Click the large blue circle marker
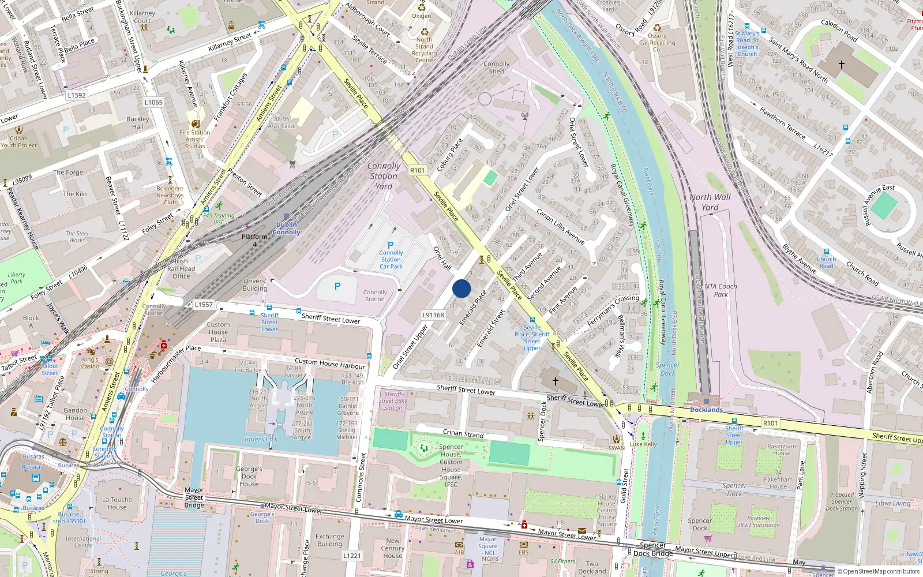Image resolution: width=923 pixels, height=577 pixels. pyautogui.click(x=461, y=288)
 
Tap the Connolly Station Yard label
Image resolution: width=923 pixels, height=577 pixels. pyautogui.click(x=384, y=176)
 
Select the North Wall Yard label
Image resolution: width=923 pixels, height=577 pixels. pyautogui.click(x=710, y=202)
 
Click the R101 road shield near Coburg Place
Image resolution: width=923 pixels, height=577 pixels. pyautogui.click(x=417, y=170)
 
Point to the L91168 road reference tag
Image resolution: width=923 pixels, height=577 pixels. pyautogui.click(x=433, y=315)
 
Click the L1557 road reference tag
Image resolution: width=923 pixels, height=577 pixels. pyautogui.click(x=204, y=304)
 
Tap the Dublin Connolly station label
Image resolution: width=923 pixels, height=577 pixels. pyautogui.click(x=287, y=228)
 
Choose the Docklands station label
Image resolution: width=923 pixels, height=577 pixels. pyautogui.click(x=706, y=410)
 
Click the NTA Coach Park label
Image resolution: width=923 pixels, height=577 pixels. pyautogui.click(x=721, y=290)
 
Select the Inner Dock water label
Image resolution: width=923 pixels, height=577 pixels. pyautogui.click(x=261, y=439)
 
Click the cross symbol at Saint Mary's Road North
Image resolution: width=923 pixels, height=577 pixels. pyautogui.click(x=841, y=65)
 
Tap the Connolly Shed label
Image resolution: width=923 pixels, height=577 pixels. pyautogui.click(x=496, y=68)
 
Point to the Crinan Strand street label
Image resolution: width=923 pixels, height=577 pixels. pyautogui.click(x=463, y=433)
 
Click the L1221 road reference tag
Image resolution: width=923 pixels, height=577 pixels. pyautogui.click(x=352, y=556)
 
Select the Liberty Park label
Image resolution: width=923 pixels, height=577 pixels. pyautogui.click(x=17, y=278)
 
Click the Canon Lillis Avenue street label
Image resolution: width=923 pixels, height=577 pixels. pyautogui.click(x=561, y=226)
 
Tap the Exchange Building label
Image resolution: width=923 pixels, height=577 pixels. pyautogui.click(x=329, y=540)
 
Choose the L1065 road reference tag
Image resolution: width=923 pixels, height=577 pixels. pyautogui.click(x=153, y=102)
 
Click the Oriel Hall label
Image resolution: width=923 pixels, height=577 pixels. pyautogui.click(x=442, y=258)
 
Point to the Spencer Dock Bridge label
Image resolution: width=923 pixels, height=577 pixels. pyautogui.click(x=653, y=549)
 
